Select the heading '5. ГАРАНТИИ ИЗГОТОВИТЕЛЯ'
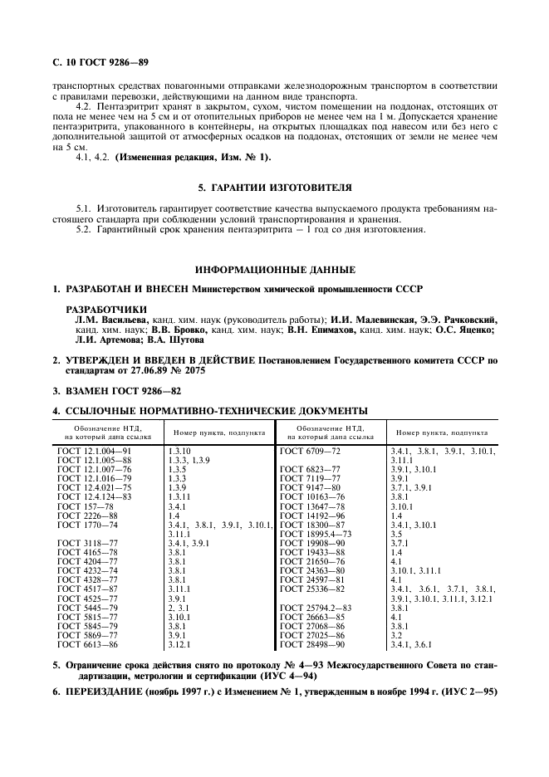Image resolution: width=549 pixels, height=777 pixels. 274,187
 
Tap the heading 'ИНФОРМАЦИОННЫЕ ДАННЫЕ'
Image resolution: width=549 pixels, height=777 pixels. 274,270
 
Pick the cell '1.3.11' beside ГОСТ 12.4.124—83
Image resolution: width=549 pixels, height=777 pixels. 179,497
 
